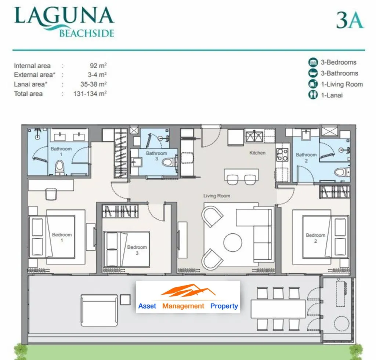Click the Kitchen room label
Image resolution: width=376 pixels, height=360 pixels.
pyautogui.click(x=257, y=153)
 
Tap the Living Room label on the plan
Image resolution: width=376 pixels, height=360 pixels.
pyautogui.click(x=217, y=196)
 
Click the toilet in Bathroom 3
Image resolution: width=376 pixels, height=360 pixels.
pyautogui.click(x=168, y=162)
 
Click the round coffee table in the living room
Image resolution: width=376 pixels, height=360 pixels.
pyautogui.click(x=232, y=243)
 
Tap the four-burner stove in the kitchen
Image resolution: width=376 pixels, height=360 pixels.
pyautogui.click(x=282, y=155)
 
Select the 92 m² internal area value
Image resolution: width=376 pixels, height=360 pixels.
pyautogui.click(x=98, y=65)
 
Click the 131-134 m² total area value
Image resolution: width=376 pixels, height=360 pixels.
pyautogui.click(x=90, y=94)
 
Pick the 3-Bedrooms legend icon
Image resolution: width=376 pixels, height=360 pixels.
pyautogui.click(x=313, y=62)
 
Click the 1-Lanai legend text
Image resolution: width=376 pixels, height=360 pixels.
pyautogui.click(x=332, y=95)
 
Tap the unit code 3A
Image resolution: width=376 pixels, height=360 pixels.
pyautogui.click(x=350, y=20)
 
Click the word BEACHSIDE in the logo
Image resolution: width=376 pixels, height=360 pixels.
pyautogui.click(x=87, y=33)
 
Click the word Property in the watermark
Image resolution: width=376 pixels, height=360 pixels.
pyautogui.click(x=224, y=306)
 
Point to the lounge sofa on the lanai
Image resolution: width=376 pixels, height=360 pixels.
pyautogui.click(x=99, y=310)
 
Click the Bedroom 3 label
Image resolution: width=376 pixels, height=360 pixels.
pyautogui.click(x=137, y=250)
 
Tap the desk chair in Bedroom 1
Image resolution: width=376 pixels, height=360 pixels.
pyautogui.click(x=51, y=194)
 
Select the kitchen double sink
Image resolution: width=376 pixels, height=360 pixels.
pyautogui.click(x=254, y=137)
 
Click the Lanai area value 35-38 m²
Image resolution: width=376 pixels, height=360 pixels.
pyautogui.click(x=94, y=84)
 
